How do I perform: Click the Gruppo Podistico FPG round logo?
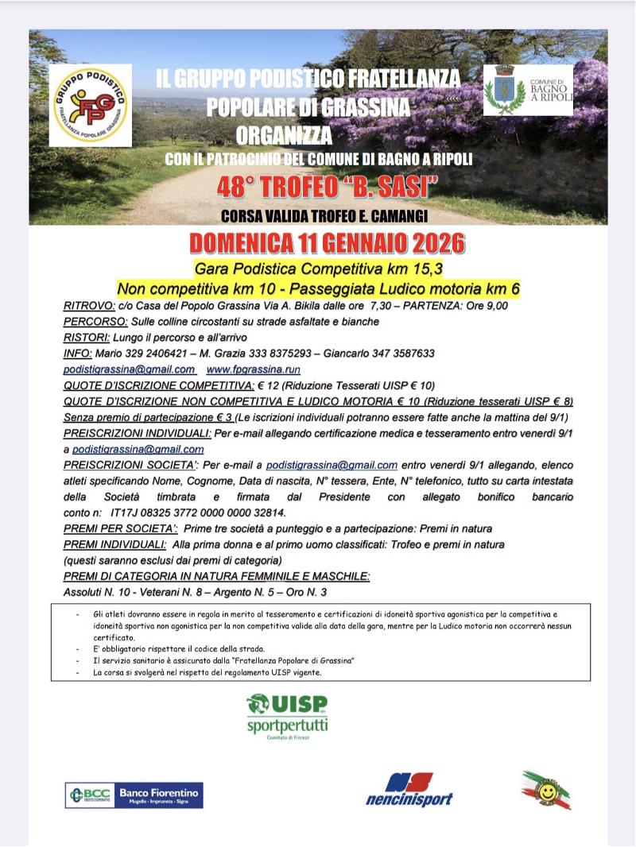[90, 105]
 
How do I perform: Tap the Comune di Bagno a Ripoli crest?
[505, 91]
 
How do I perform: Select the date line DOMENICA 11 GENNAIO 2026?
[328, 242]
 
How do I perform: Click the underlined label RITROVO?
[89, 305]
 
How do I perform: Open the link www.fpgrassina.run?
[254, 369]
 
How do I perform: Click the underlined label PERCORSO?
[95, 321]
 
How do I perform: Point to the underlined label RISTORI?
[87, 337]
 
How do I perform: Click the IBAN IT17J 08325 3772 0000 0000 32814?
[196, 512]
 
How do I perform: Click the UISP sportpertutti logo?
[288, 716]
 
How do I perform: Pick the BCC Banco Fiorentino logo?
[134, 795]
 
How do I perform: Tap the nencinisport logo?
[409, 791]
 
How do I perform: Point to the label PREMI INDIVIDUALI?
[114, 544]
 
